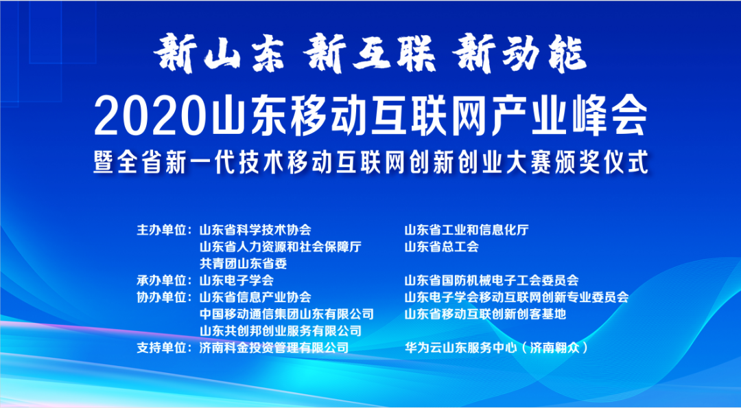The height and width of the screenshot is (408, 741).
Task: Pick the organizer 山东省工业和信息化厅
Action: (x=467, y=229)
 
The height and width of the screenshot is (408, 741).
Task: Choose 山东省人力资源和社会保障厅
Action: (x=280, y=247)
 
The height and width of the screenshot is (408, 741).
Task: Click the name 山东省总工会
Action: (x=441, y=247)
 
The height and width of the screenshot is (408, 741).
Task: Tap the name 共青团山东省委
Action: (x=243, y=263)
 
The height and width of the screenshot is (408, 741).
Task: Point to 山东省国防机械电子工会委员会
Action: (x=491, y=280)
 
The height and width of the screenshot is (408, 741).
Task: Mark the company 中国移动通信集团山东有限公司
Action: (x=286, y=315)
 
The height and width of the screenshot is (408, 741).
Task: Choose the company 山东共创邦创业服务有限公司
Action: (x=280, y=331)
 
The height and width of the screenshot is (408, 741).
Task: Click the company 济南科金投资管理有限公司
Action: (x=274, y=348)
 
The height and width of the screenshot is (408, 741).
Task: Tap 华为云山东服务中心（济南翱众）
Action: (x=497, y=348)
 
